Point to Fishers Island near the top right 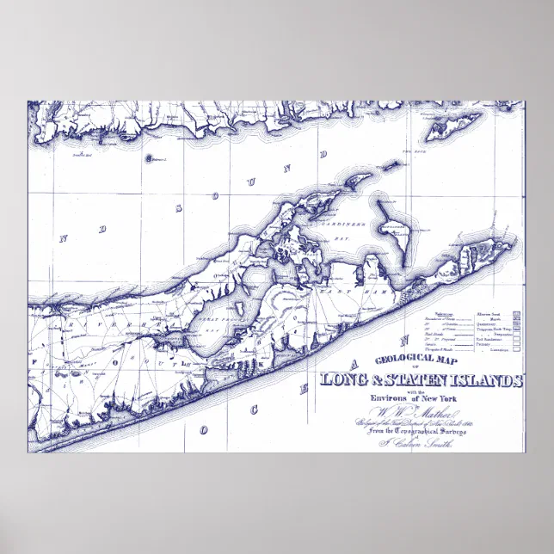456,127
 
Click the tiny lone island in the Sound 150,158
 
